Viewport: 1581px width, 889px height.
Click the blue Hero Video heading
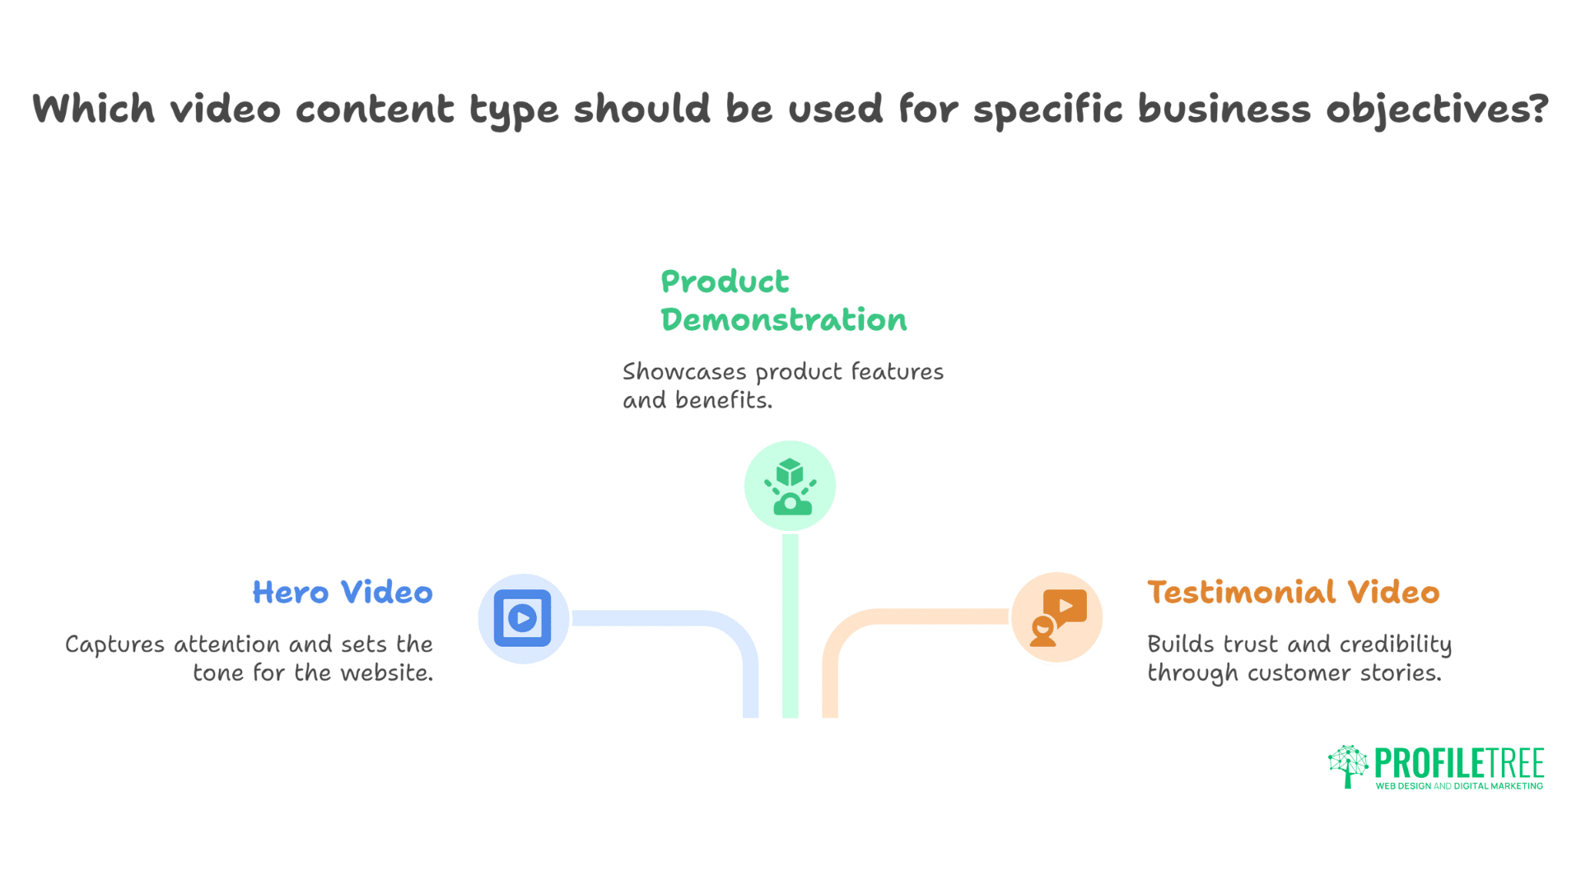click(x=343, y=593)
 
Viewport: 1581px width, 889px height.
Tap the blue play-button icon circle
click(x=523, y=618)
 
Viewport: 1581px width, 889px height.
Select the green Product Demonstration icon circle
click(x=790, y=486)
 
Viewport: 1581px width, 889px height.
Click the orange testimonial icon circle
click(x=1057, y=617)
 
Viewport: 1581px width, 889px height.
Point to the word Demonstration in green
click(x=783, y=320)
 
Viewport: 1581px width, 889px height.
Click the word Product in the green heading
click(x=725, y=282)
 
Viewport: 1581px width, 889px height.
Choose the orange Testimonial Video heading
click(x=1293, y=593)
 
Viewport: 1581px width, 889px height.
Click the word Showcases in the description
click(x=684, y=372)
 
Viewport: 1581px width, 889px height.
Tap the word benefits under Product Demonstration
click(x=723, y=401)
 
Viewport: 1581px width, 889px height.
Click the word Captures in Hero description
click(x=115, y=645)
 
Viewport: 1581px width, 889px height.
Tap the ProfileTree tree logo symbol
click(x=1348, y=766)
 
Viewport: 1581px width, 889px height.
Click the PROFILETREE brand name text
click(x=1459, y=763)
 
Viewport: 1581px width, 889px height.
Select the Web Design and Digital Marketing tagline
click(x=1459, y=786)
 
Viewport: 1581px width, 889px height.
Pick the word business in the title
click(x=1224, y=109)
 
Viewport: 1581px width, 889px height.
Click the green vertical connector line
click(x=790, y=626)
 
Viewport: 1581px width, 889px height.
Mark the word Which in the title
click(x=93, y=109)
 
